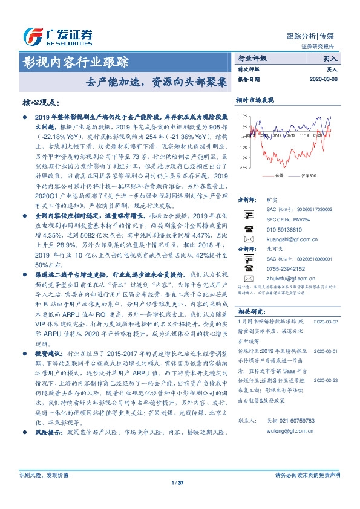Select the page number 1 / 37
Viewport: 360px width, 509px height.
[x=177, y=482]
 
